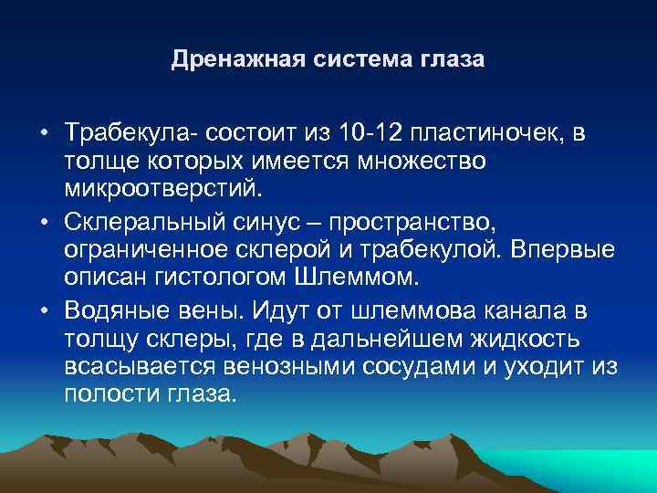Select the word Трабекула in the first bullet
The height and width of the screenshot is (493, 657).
[x=122, y=134]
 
